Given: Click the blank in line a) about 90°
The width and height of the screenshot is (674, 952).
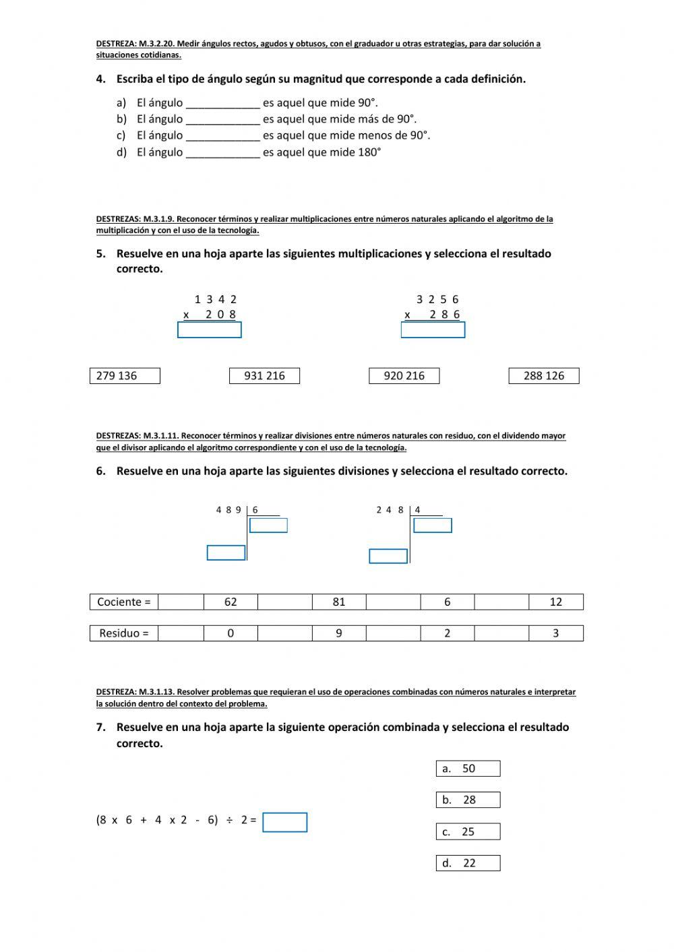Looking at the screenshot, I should [222, 103].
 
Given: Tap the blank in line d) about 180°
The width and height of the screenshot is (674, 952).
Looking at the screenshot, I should [222, 152].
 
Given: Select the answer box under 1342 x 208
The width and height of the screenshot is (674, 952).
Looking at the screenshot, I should [209, 329].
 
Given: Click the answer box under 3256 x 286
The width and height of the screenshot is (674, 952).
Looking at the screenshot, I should [433, 329].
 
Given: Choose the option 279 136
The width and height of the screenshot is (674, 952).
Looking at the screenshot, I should [125, 376].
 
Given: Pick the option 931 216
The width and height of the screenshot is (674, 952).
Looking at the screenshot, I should [264, 376].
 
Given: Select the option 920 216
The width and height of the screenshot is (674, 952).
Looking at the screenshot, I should [404, 376].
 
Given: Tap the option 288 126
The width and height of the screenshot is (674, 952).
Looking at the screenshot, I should [544, 376].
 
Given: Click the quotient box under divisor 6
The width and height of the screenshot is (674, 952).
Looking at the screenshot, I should [268, 525].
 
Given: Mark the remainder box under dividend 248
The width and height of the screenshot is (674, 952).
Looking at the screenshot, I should [388, 556].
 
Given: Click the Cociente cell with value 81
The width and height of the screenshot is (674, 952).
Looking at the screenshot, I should [339, 602].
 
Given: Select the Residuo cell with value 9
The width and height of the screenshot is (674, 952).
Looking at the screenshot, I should [339, 633].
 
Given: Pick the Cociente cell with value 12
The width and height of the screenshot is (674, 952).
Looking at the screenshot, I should [555, 602].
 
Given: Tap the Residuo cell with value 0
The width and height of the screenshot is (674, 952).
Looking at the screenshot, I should [231, 633].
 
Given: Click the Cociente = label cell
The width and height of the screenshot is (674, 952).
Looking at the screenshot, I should [124, 602].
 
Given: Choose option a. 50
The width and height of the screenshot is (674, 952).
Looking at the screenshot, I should [468, 769].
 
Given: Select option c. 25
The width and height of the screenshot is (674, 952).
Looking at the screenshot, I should [468, 831].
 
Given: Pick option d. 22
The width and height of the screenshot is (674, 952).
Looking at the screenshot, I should [468, 863].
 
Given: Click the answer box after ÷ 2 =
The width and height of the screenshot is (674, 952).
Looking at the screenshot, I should [284, 822].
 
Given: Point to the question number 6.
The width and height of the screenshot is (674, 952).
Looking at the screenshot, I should [100, 472].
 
